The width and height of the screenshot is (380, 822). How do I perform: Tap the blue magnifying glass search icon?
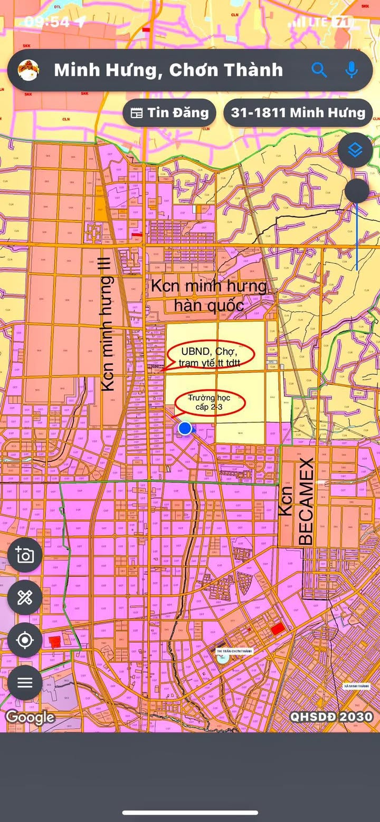point(319,70)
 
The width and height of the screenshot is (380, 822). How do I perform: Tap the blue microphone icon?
point(351,70)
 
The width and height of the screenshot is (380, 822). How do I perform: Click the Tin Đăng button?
point(169,112)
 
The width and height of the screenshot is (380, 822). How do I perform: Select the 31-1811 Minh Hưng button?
point(298,112)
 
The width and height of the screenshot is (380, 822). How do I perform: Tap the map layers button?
point(356,150)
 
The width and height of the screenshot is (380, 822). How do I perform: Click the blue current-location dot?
point(185,428)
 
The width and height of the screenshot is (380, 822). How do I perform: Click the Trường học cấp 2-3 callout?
point(210,402)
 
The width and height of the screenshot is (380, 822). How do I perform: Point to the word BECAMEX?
point(306,501)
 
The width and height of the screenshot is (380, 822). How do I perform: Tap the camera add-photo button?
point(25,555)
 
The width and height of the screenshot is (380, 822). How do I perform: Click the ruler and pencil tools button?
point(25,597)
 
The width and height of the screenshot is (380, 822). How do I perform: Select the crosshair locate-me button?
point(25,640)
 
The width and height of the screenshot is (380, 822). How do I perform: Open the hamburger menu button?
point(25,682)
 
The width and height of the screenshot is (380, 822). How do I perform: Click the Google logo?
point(30,717)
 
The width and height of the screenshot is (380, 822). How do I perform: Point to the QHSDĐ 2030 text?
point(331,717)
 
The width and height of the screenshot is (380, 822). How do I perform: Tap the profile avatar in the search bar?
point(28,70)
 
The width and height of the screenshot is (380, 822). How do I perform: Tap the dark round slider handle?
point(357,191)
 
